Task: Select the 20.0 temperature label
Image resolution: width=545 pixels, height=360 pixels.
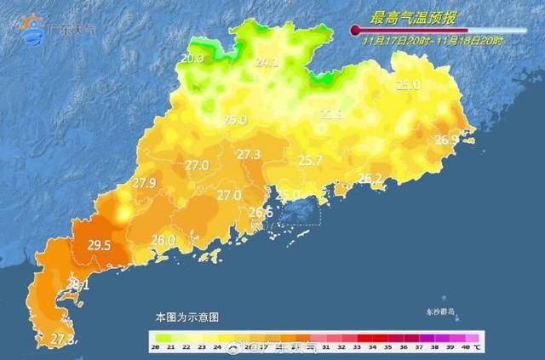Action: point(192,59)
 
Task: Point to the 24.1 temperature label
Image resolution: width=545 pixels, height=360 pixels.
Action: point(267,62)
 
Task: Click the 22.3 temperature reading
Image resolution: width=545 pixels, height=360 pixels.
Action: point(331,113)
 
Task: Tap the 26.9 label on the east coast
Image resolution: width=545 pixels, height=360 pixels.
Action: point(446,140)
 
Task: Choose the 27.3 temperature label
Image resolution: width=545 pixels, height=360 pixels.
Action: point(249,154)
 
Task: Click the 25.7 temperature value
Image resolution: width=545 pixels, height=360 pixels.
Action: point(310,160)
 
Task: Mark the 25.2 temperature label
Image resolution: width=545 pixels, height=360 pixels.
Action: point(370,179)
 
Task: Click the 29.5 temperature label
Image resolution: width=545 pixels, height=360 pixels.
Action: point(100,245)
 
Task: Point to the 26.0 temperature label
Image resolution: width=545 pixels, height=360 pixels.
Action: point(163,241)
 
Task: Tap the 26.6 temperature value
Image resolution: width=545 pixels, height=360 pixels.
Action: point(261,213)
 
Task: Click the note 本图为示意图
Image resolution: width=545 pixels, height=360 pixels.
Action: point(186,316)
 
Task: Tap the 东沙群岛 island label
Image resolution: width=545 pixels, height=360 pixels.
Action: point(441,312)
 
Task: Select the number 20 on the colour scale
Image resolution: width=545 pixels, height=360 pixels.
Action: point(156,348)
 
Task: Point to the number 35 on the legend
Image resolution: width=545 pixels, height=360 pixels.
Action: point(387,348)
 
